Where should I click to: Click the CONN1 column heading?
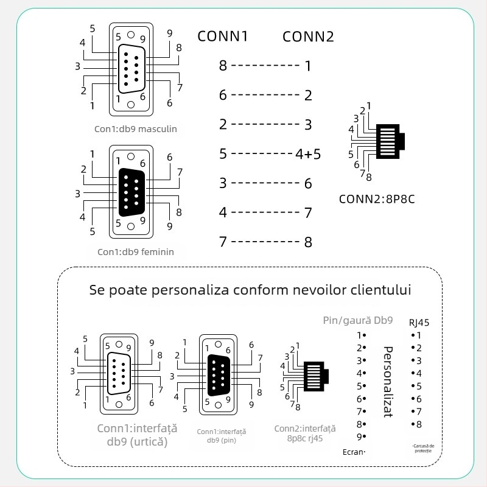[223, 36]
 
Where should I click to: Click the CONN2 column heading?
[308, 36]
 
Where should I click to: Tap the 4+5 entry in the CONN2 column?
[308, 154]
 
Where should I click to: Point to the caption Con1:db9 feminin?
[136, 251]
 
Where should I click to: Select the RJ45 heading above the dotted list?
[419, 323]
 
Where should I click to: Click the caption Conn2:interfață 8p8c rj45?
[305, 433]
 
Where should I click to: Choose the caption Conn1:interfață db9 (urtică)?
[132, 435]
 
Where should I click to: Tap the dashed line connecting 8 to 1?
[265, 65]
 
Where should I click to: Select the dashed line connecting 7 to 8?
[265, 242]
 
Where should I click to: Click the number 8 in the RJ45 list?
[418, 424]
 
